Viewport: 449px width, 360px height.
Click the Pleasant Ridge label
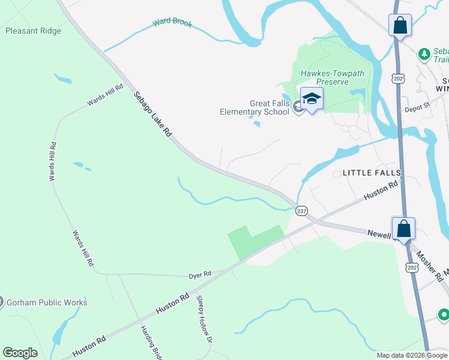tap(33, 31)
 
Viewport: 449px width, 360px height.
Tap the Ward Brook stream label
tap(172, 23)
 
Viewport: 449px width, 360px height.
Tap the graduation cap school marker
tap(312, 98)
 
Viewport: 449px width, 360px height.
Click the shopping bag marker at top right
tap(400, 26)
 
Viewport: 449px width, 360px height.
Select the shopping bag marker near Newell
tap(403, 229)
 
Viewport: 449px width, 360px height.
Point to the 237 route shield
tap(301, 211)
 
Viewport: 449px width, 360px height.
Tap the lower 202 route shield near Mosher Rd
tap(411, 266)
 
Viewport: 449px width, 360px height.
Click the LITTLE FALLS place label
tap(371, 173)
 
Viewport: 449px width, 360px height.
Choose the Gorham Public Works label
tap(47, 302)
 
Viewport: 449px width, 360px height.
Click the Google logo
tap(20, 353)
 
